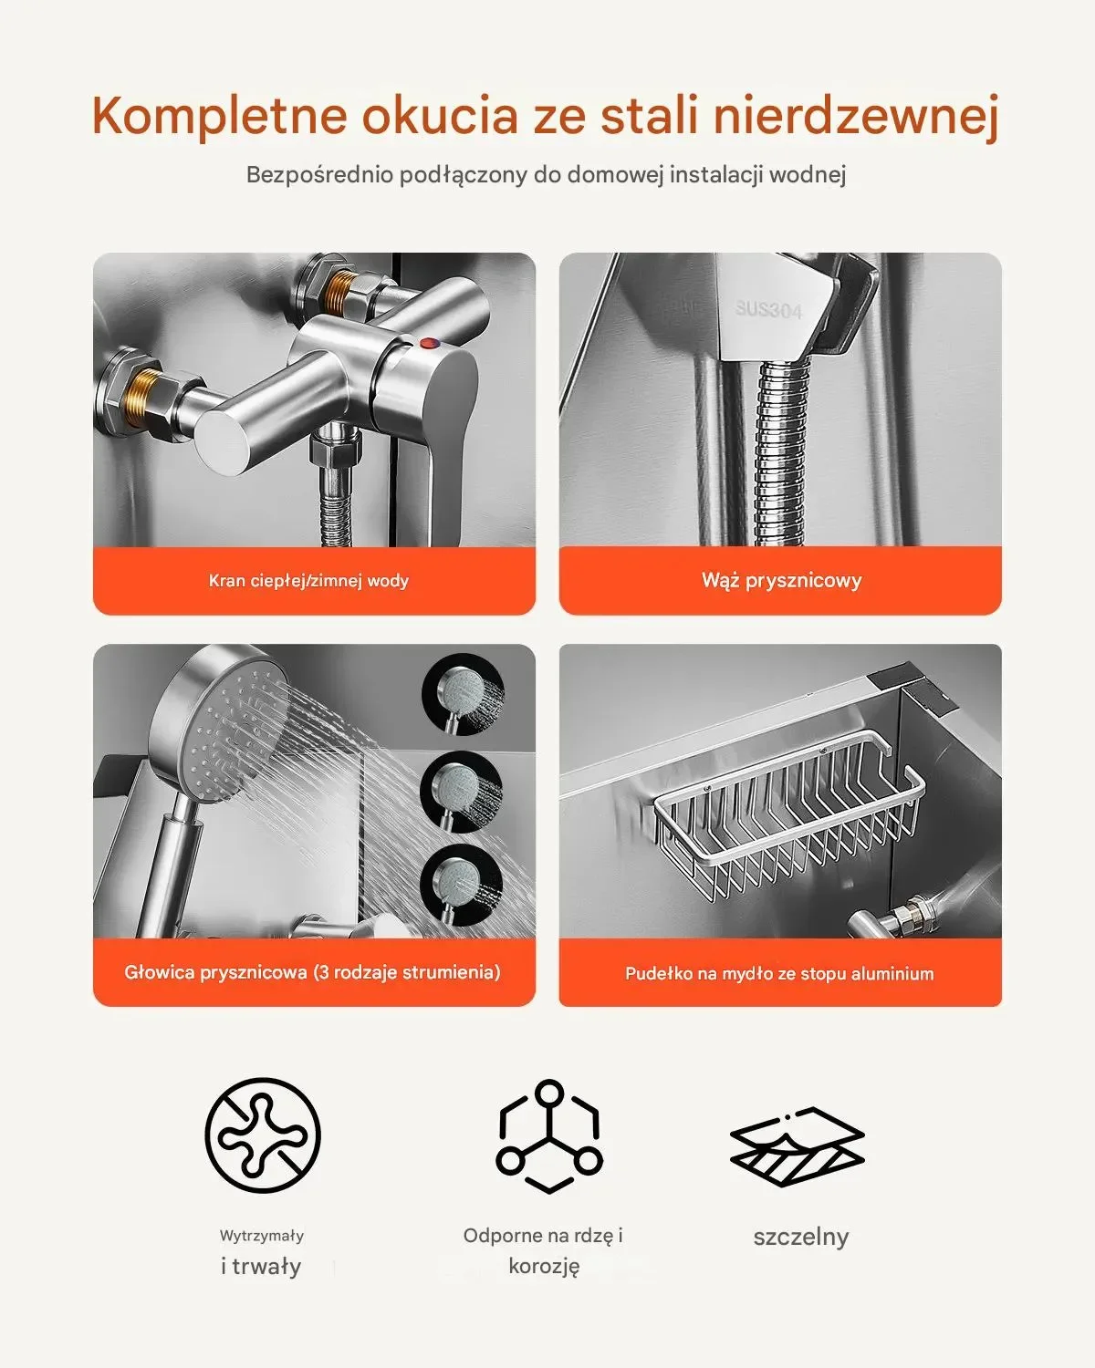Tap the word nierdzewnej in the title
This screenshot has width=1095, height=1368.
[855, 116]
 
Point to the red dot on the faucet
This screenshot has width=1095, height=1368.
[430, 344]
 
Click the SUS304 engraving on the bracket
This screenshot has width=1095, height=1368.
[768, 309]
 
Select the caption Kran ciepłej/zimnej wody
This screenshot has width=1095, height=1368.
[308, 580]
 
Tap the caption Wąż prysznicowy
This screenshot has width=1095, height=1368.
[781, 580]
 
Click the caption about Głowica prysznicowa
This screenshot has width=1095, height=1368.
[312, 972]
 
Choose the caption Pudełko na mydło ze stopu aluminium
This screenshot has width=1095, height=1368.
[779, 973]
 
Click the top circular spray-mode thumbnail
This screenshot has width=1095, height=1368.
[464, 694]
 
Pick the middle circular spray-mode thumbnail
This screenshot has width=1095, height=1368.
[462, 792]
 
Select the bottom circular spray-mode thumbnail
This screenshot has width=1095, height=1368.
[462, 886]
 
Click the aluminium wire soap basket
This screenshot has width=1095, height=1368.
[789, 819]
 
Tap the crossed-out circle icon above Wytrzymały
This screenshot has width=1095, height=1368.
[263, 1135]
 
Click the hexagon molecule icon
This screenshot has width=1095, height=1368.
[549, 1135]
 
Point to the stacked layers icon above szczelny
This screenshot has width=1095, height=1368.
[798, 1146]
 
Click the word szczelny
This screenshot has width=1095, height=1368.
[801, 1237]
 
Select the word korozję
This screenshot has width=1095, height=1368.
[544, 1266]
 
